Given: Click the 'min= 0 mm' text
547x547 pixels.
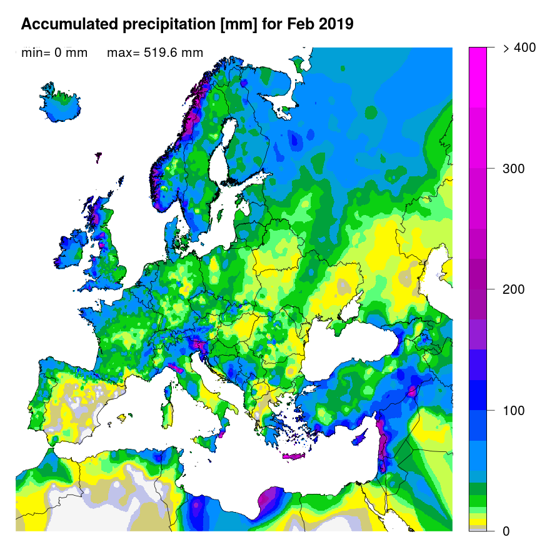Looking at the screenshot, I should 54,53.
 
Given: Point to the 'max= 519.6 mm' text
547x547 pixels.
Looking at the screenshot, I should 155,53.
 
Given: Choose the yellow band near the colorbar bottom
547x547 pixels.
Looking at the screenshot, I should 478,521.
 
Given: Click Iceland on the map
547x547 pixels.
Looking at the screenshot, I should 63,106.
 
